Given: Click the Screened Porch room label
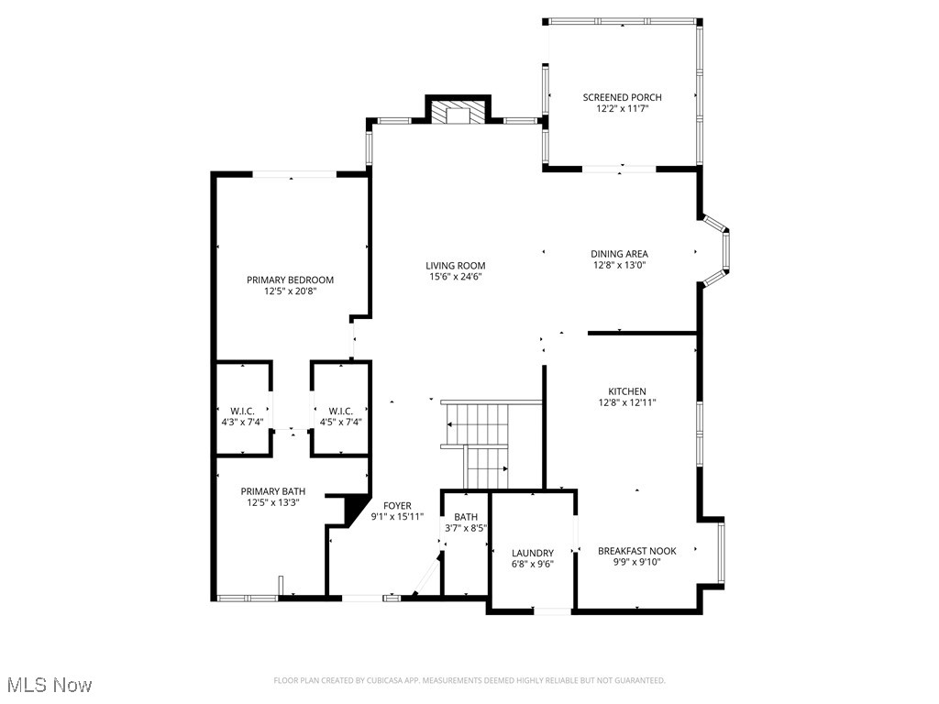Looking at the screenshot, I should coord(622,97).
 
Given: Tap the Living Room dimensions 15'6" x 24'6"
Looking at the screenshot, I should coord(456,277).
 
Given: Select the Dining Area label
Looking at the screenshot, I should coord(620,254).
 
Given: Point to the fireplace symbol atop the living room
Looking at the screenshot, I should coord(456,113).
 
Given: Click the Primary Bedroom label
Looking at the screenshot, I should coord(290,280).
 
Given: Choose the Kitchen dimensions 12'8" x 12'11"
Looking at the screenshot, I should coord(627,402).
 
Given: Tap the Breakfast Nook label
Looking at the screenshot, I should coord(636,551).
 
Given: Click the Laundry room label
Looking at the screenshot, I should coord(533,553).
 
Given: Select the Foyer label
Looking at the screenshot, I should coord(397,506).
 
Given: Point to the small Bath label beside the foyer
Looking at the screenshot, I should coord(465,517).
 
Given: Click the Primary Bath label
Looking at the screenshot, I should coord(273,490).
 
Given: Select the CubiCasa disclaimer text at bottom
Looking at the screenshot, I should coord(469,680).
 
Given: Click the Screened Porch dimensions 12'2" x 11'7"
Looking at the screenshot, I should coord(622,109).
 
